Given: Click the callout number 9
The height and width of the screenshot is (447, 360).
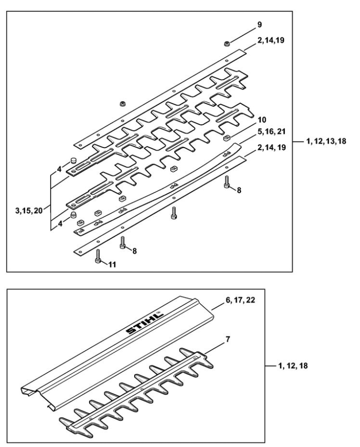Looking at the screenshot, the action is coord(259,25).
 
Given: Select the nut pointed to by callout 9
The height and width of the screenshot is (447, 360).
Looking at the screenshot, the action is coord(227,44).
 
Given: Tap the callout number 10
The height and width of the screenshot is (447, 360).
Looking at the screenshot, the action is coord(262,119).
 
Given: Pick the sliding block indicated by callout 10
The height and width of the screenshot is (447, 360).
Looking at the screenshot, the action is coord(226,138).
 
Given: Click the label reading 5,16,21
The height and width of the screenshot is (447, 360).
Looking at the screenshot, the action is coord(271,132).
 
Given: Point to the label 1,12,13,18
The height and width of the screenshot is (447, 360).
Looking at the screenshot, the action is coord(326,141).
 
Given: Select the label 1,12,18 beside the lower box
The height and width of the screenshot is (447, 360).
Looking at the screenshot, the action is coord(293,366).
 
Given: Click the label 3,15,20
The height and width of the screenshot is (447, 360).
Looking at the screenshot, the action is coord(29,210).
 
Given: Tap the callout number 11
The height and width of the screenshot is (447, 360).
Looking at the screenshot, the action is coord(112,265).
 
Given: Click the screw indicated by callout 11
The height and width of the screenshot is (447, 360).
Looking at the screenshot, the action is coord(98,257).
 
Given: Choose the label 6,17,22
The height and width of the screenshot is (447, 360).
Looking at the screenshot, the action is coord(240,300).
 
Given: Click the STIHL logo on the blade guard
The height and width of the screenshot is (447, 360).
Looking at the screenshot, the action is coord(145,323).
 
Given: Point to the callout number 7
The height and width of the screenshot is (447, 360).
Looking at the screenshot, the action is coord(228,339).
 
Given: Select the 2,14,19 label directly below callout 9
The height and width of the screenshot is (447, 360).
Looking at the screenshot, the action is coord(271,40).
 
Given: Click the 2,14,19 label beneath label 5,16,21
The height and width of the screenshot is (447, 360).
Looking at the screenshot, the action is coord(271,148).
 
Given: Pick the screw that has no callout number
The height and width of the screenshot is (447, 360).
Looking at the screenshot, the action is coord(174,213).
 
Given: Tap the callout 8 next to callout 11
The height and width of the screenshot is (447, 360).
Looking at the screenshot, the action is coord(134,251).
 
